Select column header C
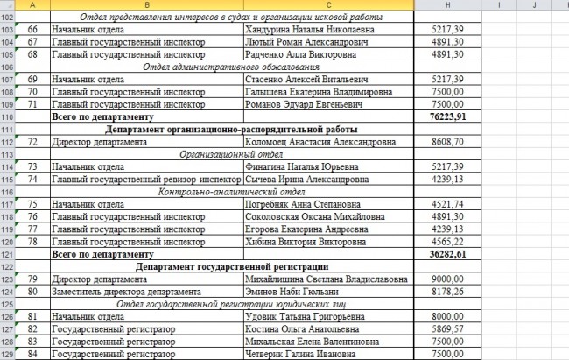[x=328, y=5]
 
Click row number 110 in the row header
[x=9, y=116]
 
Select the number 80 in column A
[x=32, y=292]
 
